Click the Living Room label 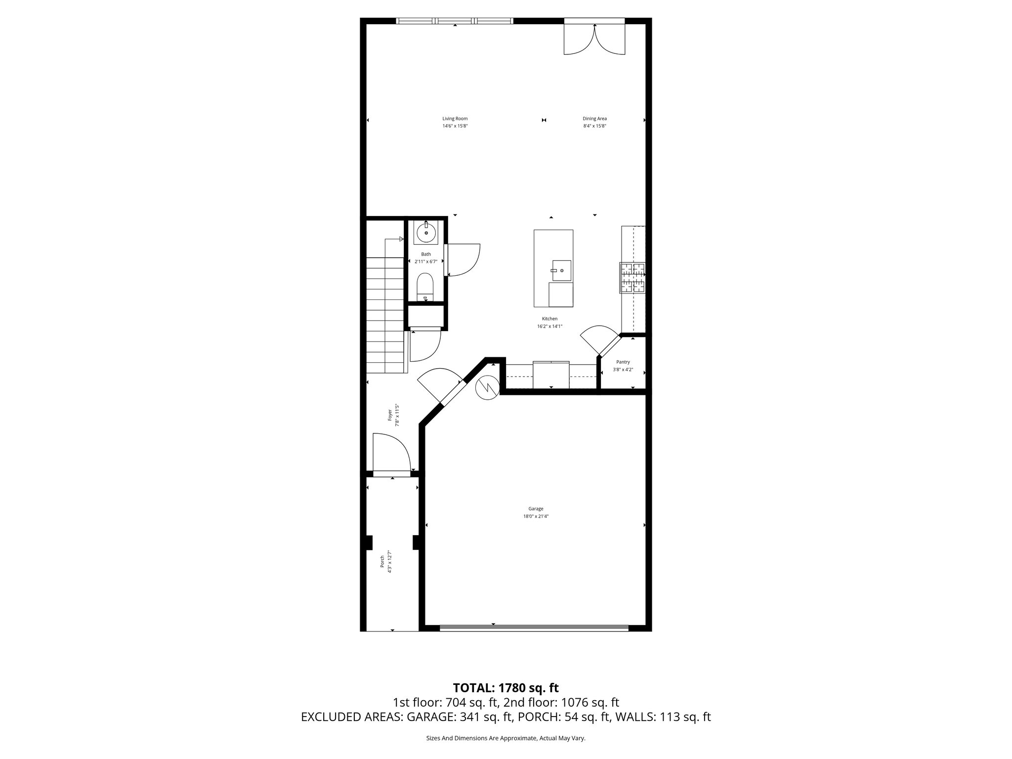tap(455, 119)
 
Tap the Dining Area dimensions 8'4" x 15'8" tap(594, 126)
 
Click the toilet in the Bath tap(425, 287)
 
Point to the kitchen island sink tap(561, 269)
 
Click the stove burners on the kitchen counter tap(632, 278)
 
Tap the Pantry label tap(623, 362)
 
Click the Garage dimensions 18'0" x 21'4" tap(536, 516)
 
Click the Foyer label tap(390, 415)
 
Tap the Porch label tap(382, 561)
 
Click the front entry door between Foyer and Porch tap(392, 473)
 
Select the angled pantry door tap(599, 340)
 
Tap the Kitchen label tap(549, 319)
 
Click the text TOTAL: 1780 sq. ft tap(506, 688)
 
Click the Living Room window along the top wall tap(455, 21)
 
